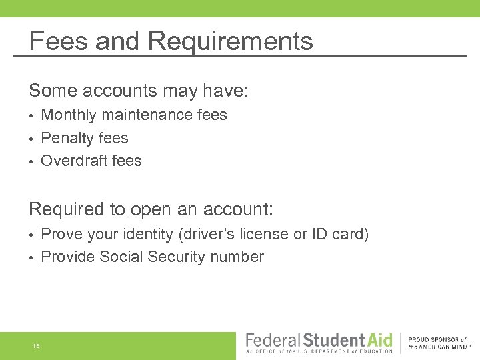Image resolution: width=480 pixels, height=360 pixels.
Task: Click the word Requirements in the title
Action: coord(230,41)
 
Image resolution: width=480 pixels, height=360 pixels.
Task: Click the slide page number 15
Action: coord(35,346)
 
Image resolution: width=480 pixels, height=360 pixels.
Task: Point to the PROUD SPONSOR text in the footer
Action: coord(437,340)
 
